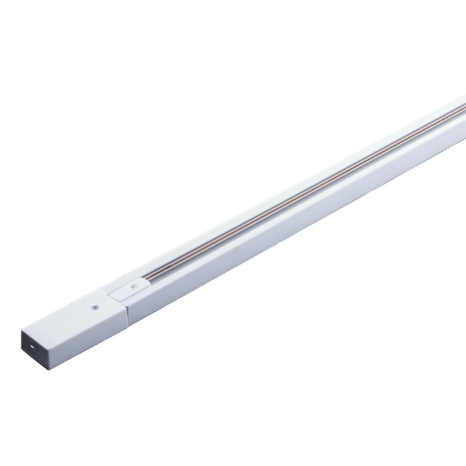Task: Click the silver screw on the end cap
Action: [x=95, y=308]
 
